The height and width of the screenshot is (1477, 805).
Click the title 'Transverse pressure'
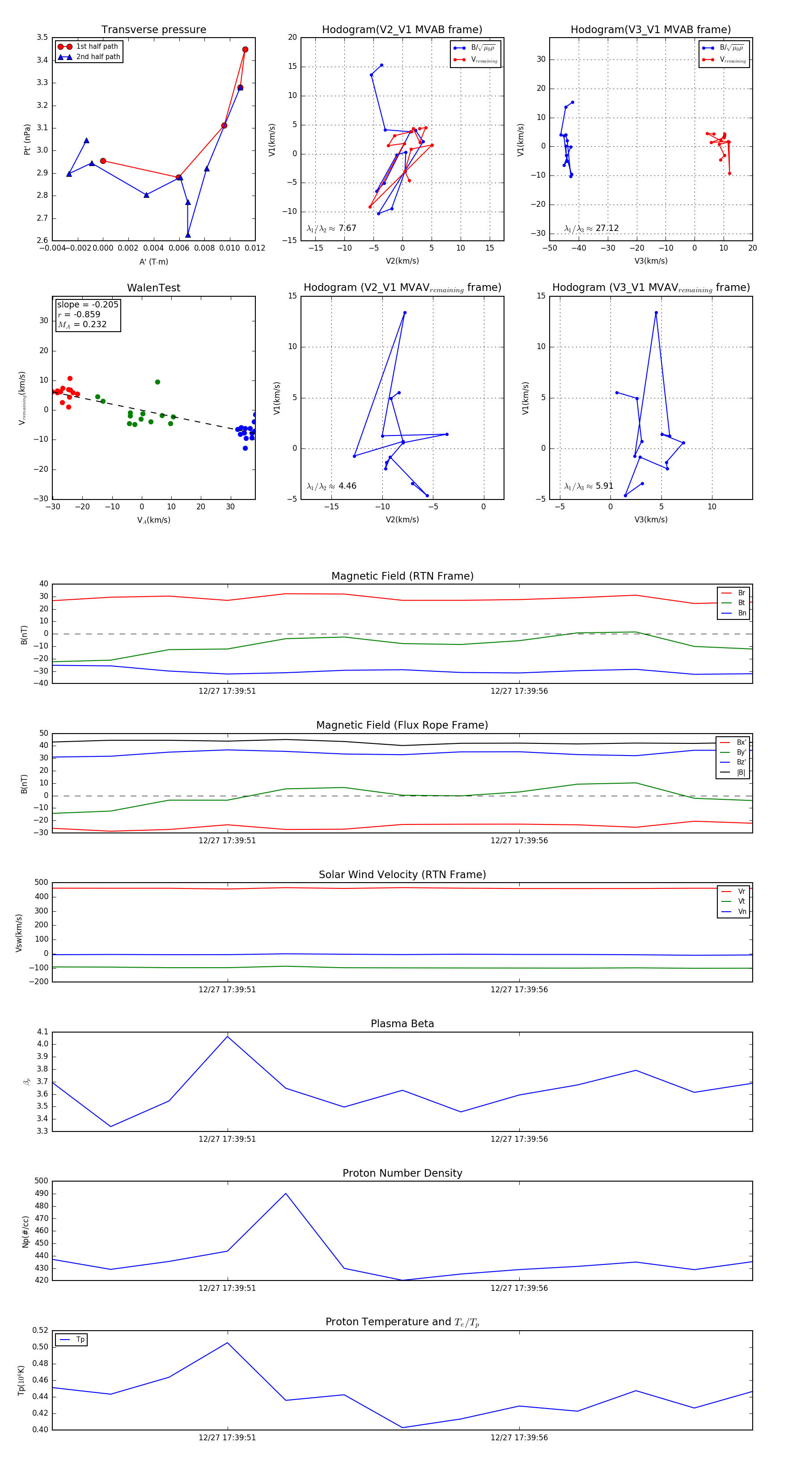(153, 30)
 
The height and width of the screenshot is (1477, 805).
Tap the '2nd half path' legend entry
(98, 57)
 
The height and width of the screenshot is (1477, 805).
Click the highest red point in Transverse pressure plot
(245, 50)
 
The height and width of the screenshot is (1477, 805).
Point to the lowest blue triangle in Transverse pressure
(188, 235)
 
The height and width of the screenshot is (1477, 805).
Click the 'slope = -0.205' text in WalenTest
(88, 304)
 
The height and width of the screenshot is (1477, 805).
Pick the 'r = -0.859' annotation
(79, 314)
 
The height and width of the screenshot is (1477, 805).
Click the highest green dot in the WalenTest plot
(157, 382)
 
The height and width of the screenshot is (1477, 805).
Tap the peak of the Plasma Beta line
(228, 1036)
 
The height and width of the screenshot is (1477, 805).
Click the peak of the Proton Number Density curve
(286, 1193)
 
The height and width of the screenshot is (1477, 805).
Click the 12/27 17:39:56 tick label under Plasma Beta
(519, 1139)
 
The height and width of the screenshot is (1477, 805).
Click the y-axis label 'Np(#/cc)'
(25, 1232)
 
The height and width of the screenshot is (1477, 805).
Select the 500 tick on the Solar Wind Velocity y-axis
(41, 883)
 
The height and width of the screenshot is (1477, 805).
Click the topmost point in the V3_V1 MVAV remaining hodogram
(656, 313)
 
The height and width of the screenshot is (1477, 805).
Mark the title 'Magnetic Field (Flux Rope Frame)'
(402, 726)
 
